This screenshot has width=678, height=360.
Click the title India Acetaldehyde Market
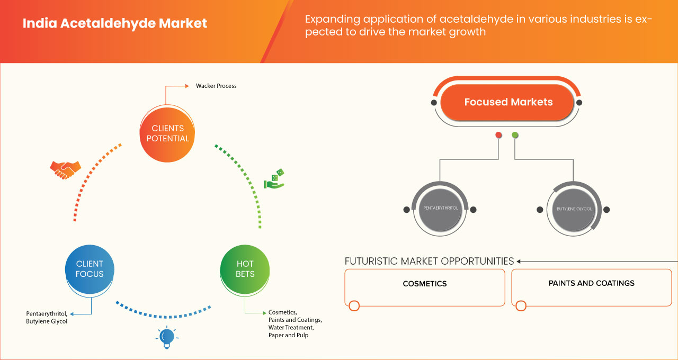coord(114,24)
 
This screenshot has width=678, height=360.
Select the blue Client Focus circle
coord(90,269)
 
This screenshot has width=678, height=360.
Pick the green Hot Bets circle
coord(245,269)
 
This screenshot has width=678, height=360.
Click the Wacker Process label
coord(216,86)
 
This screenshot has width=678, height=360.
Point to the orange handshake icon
coord(65,169)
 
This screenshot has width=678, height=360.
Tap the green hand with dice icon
coord(274,179)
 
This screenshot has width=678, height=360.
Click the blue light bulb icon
coord(167,337)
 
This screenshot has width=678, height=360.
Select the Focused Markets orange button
coord(508,102)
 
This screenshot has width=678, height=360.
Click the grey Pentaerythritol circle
coord(440,209)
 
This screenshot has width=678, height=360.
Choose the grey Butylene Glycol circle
coord(574,209)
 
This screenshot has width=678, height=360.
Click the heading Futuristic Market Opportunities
coord(429,261)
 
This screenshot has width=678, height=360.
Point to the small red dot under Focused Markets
coord(498,135)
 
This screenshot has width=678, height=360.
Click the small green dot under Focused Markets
coord(515,135)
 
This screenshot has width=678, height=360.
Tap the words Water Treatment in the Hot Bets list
coord(291,327)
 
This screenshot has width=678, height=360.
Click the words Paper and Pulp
coord(288,335)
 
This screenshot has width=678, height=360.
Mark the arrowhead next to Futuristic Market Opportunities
coord(519,261)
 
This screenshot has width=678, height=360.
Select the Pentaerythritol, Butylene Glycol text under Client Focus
coord(47,317)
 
